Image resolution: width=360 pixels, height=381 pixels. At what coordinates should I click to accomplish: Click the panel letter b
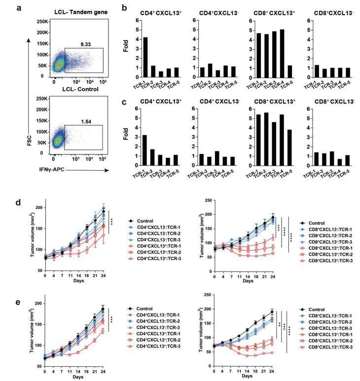(x=125, y=8)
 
